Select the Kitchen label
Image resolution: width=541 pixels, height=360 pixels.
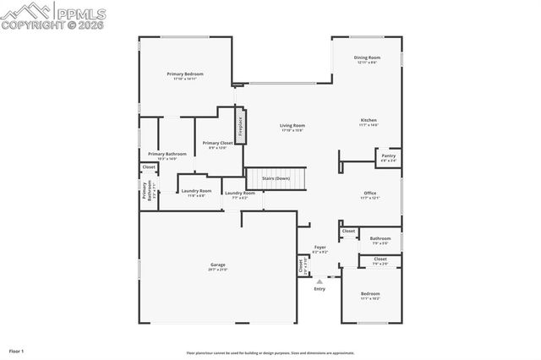pos(369,122)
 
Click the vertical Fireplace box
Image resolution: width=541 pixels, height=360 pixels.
pos(240,126)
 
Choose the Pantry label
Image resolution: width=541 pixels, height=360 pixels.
pos(388,156)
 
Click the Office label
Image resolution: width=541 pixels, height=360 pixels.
pos(370,194)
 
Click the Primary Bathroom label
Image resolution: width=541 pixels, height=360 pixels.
pos(167,155)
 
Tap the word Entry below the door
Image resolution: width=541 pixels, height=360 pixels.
pos(320,289)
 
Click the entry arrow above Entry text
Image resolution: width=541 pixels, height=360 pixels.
pos(320,281)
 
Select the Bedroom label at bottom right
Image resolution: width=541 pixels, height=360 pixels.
pos(370,295)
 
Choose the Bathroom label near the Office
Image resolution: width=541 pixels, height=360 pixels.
pos(380,239)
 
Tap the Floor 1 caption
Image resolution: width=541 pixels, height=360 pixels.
pos(17,350)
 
